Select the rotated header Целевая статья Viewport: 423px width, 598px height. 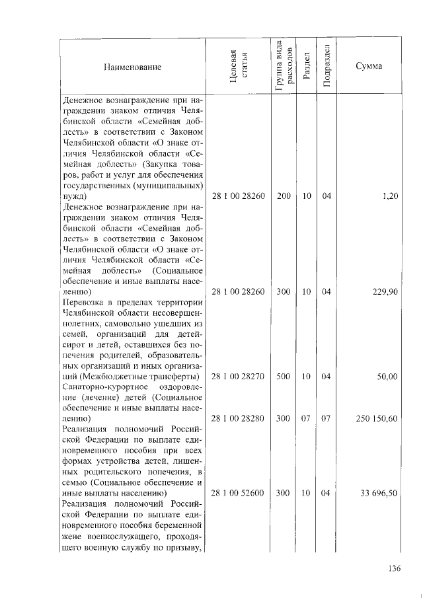coord(239,67)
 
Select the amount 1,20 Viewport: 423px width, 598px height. coord(389,197)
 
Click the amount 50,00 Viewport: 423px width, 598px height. coord(387,376)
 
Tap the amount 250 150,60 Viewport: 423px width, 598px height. coord(375,418)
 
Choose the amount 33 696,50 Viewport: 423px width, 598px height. coord(378,493)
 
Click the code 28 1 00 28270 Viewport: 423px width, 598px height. coord(238,376)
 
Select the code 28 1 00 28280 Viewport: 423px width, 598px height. coord(238,418)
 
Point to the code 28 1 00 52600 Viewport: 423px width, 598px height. coord(238,493)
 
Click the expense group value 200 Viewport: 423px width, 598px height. coord(284,197)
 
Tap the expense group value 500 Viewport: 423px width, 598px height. coord(284,376)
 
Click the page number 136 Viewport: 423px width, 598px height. coord(395,569)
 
